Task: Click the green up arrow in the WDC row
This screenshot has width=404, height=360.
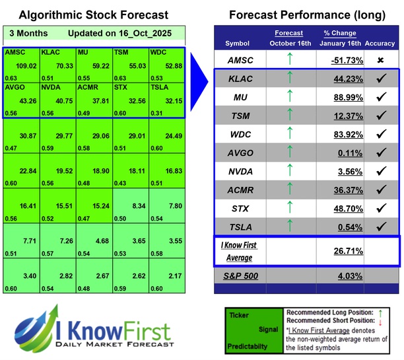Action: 289,133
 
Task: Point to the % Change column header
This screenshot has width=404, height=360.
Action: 340,34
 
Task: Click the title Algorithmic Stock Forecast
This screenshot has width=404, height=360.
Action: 93,15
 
